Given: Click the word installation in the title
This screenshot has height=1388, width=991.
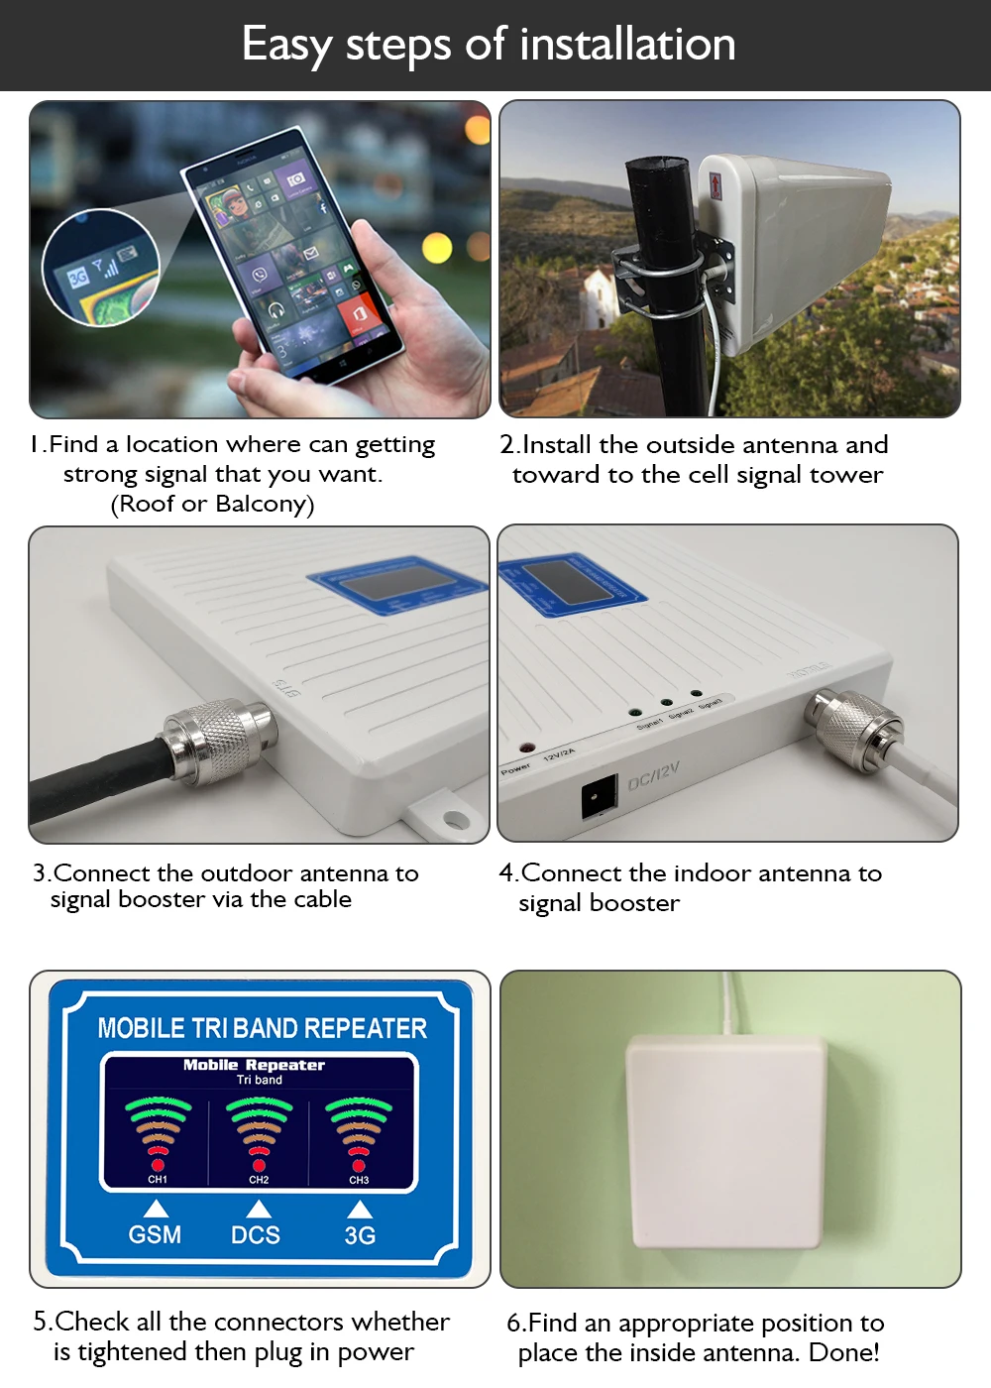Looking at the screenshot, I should pos(627,45).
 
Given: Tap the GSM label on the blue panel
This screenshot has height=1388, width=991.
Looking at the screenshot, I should pos(155,1235).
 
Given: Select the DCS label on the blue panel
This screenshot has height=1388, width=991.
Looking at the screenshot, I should pos(256,1235).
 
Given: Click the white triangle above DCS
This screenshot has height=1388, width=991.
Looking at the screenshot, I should pos(259,1209).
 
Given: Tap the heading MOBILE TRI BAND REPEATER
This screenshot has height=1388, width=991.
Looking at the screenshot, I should pos(262,1028).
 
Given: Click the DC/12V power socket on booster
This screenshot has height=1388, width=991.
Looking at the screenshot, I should pos(599,796).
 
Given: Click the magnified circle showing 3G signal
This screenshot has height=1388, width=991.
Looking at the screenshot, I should pos(100,268).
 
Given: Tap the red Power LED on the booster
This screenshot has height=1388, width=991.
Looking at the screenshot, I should pos(526,749).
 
